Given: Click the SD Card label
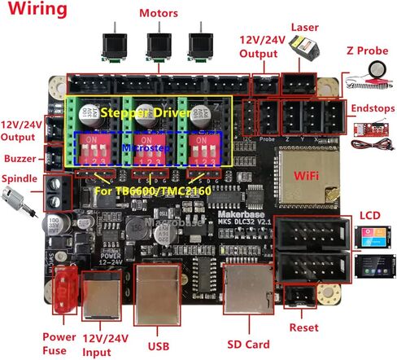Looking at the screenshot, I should point(246,343).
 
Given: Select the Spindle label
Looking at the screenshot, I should point(20,177).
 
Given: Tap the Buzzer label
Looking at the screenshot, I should point(20,157).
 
